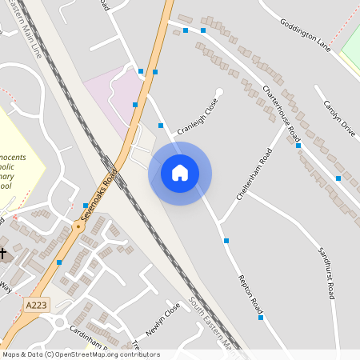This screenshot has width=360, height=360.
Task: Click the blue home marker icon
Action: [180, 173]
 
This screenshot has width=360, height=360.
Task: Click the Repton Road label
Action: [250, 293]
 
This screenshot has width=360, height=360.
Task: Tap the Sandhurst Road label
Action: [325, 272]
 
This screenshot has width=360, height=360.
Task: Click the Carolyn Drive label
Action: [338, 118]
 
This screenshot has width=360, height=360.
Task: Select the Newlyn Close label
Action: [163, 321]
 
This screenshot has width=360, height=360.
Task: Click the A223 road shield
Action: [36, 306]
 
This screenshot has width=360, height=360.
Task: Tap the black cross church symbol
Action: [3, 254]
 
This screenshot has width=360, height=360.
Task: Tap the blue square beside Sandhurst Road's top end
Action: [338, 178]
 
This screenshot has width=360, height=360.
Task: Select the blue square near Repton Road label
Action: [261, 318]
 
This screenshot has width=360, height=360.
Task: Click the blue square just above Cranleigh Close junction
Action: [161, 126]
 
